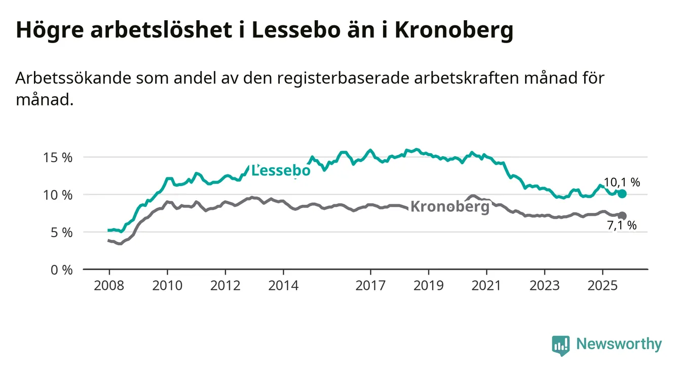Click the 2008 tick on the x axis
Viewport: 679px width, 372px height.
(x=109, y=286)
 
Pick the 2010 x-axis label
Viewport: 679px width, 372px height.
(x=167, y=286)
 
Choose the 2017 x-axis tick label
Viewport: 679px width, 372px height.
(x=371, y=286)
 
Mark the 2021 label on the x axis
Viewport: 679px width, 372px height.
(x=487, y=286)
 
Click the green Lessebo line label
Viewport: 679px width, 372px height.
(x=281, y=171)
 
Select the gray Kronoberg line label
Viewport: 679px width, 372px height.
(x=449, y=206)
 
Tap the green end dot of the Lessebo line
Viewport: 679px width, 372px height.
(x=622, y=194)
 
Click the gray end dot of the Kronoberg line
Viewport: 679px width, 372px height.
(x=622, y=216)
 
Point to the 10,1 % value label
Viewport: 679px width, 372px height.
(x=622, y=182)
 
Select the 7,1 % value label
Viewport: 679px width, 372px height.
(x=622, y=226)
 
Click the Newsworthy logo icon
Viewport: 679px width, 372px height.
(x=560, y=345)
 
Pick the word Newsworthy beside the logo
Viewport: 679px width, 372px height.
(x=619, y=345)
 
